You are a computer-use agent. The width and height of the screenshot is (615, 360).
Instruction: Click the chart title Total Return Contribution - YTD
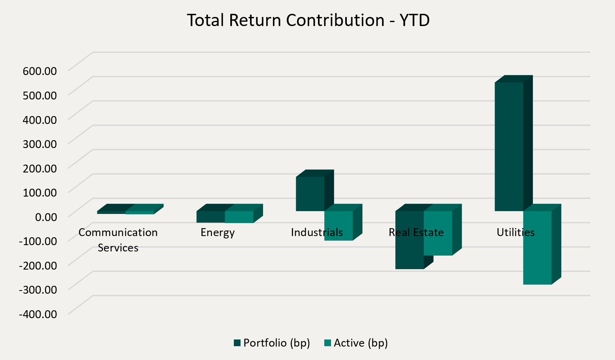pyautogui.click(x=308, y=20)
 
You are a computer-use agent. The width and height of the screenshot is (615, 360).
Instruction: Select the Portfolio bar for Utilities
pyautogui.click(x=509, y=146)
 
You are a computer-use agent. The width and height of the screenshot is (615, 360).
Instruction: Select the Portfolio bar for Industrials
pyautogui.click(x=310, y=193)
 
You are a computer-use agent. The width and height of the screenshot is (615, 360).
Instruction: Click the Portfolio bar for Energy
pyautogui.click(x=211, y=217)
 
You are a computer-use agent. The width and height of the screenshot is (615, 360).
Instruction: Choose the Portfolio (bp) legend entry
pyautogui.click(x=272, y=343)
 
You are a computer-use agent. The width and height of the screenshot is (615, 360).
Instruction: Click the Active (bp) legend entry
pyautogui.click(x=356, y=343)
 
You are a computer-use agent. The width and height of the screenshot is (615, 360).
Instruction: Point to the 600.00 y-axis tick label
pyautogui.click(x=40, y=71)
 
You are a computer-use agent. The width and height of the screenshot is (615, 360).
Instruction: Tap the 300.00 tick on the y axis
pyautogui.click(x=40, y=144)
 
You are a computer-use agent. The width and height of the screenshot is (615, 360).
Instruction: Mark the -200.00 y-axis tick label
pyautogui.click(x=38, y=265)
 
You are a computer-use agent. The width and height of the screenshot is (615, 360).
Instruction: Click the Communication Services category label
pyautogui.click(x=118, y=240)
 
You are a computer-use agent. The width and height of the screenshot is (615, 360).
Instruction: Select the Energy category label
pyautogui.click(x=218, y=232)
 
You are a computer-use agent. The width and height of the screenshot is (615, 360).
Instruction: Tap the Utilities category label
pyautogui.click(x=515, y=232)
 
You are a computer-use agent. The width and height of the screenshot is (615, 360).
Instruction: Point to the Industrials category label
pyautogui.click(x=317, y=232)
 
